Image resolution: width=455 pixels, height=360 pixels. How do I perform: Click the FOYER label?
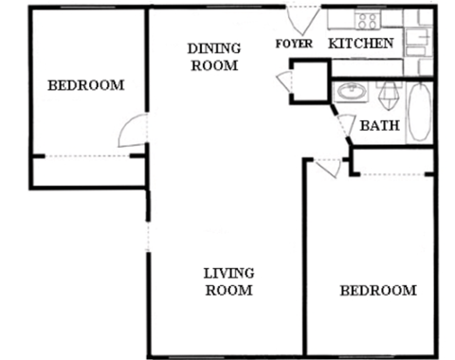tap(294, 45)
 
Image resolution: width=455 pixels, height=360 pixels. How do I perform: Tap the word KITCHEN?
tap(360, 44)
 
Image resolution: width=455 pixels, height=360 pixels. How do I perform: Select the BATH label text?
tap(378, 125)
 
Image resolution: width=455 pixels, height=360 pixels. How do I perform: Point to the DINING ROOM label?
tap(213, 57)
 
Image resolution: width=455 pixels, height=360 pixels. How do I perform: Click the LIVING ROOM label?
tap(228, 282)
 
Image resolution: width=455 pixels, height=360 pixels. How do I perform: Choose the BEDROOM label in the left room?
tap(85, 85)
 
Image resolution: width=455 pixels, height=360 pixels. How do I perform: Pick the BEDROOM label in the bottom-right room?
tap(377, 290)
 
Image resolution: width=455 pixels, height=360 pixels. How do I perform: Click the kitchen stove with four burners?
tap(367, 19)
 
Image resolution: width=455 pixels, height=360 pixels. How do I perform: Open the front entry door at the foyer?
tap(303, 20)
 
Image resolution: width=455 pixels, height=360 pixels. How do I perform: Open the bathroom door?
tap(345, 125)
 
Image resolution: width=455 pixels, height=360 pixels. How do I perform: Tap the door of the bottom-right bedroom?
tap(328, 168)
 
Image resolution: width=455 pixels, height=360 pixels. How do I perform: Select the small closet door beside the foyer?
tap(285, 82)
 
